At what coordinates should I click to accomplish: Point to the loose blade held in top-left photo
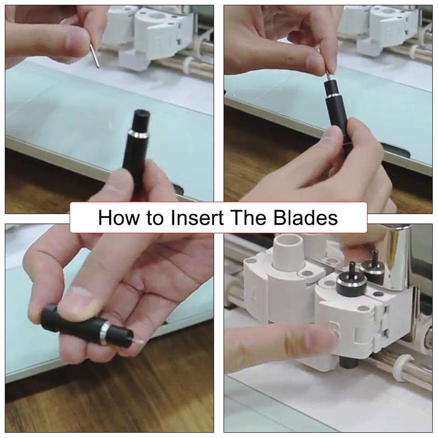click(x=95, y=56)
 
